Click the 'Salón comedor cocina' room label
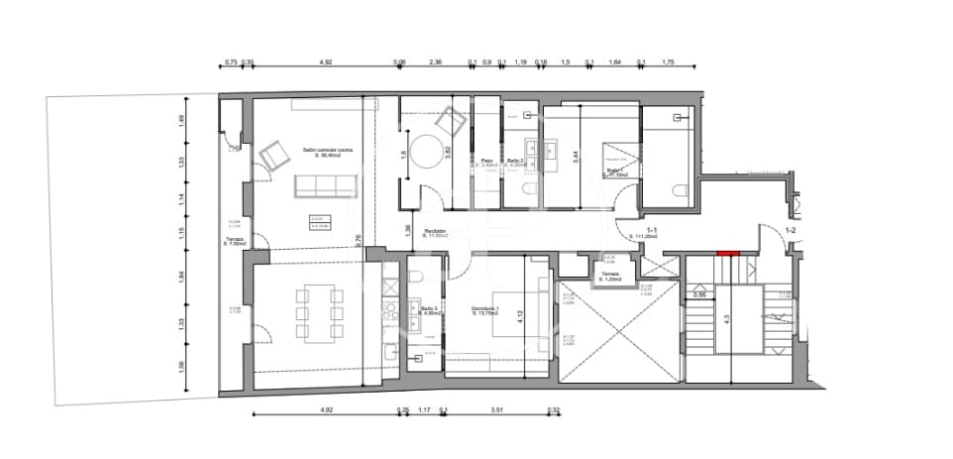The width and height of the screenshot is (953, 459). tap(327, 151)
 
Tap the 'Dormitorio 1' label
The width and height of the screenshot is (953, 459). tap(484, 309)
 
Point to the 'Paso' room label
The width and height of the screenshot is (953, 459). tap(486, 161)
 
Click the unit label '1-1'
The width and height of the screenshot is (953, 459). tap(639, 230)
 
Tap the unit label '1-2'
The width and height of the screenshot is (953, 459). tap(791, 230)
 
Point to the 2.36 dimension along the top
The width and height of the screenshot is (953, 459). tap(435, 62)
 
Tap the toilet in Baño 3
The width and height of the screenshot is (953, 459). tap(417, 279)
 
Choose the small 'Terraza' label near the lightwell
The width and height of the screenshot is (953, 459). tap(610, 276)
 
